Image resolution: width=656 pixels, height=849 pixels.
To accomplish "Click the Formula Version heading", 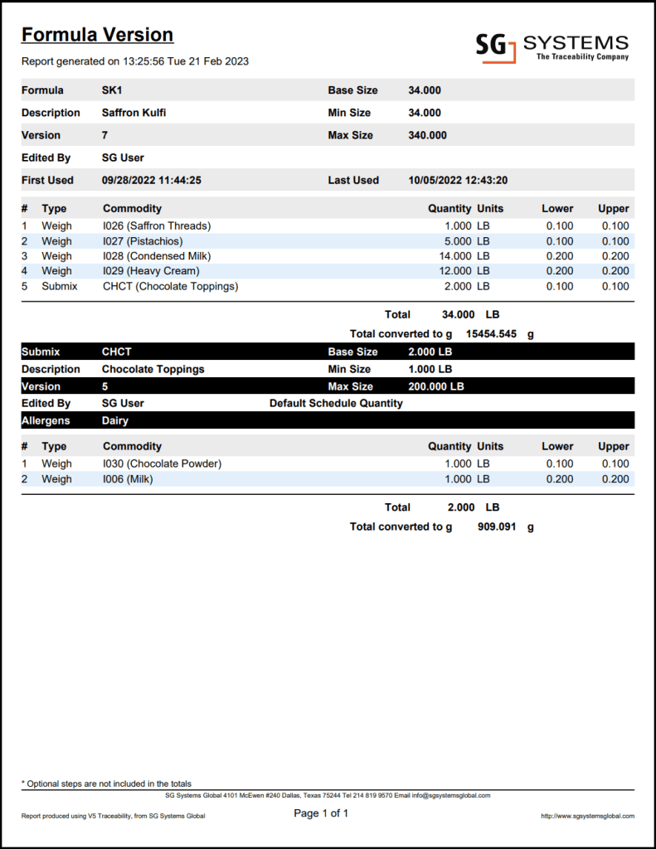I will tap(97, 35).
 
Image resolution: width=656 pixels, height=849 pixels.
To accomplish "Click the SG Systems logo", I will tap(552, 46).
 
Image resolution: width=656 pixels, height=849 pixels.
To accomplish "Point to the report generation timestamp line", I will tap(135, 61).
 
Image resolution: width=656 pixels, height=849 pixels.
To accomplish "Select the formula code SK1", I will tap(112, 90).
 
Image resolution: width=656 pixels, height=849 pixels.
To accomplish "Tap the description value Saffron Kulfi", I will tap(134, 113).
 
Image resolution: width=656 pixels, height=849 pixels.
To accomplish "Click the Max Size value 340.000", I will tap(427, 135).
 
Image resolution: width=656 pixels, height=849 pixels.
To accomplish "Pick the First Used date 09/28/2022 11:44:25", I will tap(152, 180).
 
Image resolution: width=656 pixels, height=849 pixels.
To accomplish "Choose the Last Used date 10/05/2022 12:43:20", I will tap(458, 180).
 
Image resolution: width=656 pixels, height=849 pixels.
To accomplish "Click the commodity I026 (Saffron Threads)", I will tap(157, 226).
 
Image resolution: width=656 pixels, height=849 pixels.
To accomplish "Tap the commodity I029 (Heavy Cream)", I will tap(151, 271).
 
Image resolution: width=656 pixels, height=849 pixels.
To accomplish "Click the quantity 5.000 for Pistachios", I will tap(454, 241).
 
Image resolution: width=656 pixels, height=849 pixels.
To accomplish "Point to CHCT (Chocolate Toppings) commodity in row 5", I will tap(170, 286).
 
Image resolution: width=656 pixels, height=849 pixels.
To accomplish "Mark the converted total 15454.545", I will tap(493, 333).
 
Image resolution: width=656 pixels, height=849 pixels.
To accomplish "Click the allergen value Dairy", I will tap(116, 420).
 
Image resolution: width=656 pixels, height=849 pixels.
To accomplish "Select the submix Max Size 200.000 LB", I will tap(436, 386).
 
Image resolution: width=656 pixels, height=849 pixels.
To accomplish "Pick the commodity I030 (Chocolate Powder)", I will tap(162, 463).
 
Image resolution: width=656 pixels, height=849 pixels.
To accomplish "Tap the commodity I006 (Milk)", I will tap(128, 479).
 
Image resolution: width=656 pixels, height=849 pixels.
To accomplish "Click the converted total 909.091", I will tap(498, 526).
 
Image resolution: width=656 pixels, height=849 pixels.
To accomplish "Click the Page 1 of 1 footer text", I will tap(321, 813).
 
